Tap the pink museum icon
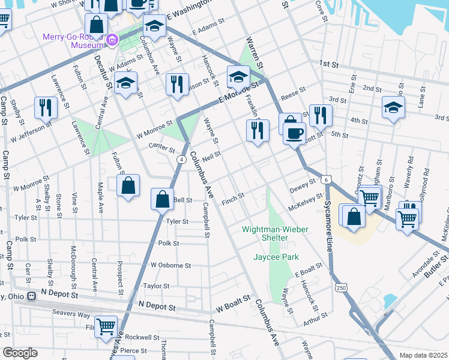tap(111, 40)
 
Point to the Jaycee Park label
tap(276, 257)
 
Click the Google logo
tap(20, 353)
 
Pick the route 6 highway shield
tap(325, 179)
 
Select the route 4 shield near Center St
tap(180, 159)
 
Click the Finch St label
tap(233, 196)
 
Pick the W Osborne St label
tap(170, 265)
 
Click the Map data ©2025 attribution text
tap(424, 355)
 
